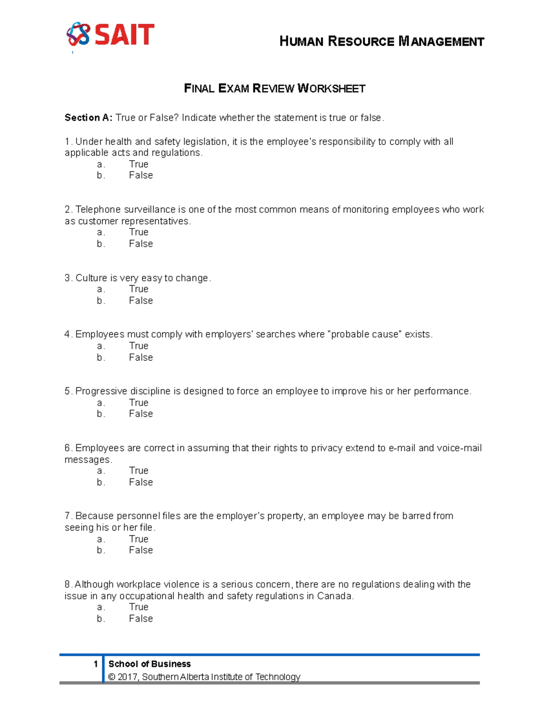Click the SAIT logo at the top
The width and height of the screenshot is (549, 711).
pyautogui.click(x=111, y=35)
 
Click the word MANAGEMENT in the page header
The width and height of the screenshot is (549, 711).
pyautogui.click(x=441, y=42)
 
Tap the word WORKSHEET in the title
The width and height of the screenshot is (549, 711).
pyautogui.click(x=331, y=88)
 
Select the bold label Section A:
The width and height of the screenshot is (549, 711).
pyautogui.click(x=88, y=118)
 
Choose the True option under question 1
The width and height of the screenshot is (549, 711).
pyautogui.click(x=139, y=164)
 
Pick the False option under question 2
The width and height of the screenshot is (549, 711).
pyautogui.click(x=140, y=244)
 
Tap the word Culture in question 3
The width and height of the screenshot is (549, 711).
pyautogui.click(x=91, y=278)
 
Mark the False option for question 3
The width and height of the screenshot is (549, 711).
pyautogui.click(x=140, y=300)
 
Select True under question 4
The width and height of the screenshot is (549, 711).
pyautogui.click(x=139, y=346)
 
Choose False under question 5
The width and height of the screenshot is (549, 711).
pyautogui.click(x=140, y=414)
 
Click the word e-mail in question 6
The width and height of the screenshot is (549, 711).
pyautogui.click(x=402, y=448)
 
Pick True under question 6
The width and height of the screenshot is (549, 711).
pyautogui.click(x=139, y=471)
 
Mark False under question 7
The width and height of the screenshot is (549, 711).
pyautogui.click(x=140, y=550)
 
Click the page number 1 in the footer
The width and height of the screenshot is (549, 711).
pyautogui.click(x=96, y=664)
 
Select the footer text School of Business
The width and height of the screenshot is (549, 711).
pyautogui.click(x=149, y=664)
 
